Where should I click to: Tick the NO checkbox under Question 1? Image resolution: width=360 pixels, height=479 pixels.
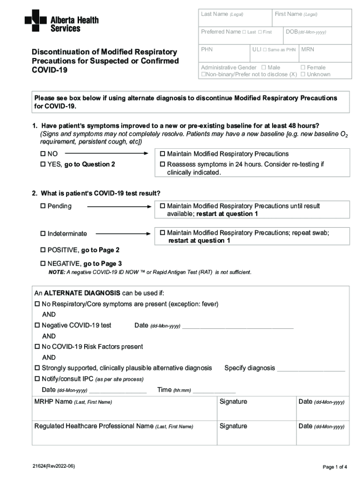point(43,154)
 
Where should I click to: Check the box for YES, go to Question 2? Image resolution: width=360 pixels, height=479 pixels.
point(43,164)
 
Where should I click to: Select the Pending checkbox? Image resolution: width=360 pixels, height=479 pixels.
point(43,206)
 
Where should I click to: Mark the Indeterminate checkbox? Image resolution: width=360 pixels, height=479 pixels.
point(43,233)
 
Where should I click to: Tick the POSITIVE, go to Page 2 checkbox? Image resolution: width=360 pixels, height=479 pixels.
point(43,250)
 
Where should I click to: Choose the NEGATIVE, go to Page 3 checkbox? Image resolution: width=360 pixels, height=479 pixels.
point(43,264)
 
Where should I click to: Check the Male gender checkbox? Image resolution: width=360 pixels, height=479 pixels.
point(264,68)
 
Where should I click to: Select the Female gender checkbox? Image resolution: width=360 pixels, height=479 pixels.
point(302,68)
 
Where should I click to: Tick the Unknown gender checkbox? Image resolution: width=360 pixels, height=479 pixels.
point(302,74)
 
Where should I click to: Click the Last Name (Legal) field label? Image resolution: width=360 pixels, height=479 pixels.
point(222,15)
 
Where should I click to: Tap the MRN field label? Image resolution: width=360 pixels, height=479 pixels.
point(308,49)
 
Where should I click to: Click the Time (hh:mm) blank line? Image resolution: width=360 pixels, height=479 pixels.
point(214,391)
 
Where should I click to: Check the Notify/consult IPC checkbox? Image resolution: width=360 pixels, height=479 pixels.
point(37,379)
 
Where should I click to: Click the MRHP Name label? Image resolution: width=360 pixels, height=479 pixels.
point(73,402)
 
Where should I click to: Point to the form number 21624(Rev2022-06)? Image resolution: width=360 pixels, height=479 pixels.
point(53,467)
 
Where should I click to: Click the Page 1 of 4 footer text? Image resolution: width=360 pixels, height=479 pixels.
point(334,467)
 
